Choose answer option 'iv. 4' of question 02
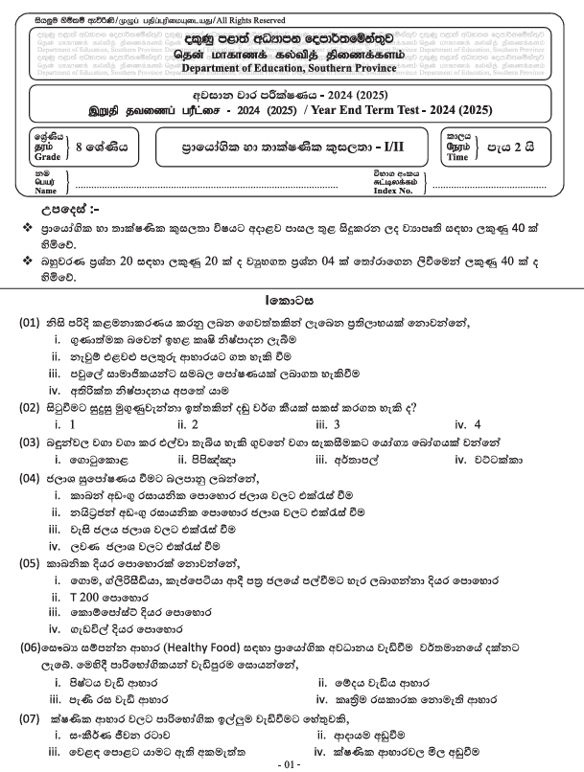(468, 424)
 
